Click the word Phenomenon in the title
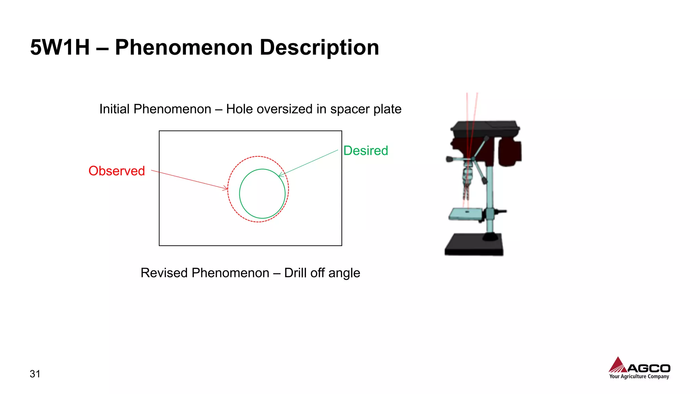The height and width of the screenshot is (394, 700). pyautogui.click(x=184, y=48)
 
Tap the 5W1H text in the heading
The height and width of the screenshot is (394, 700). pyautogui.click(x=60, y=48)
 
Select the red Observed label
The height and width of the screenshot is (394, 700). pyautogui.click(x=117, y=171)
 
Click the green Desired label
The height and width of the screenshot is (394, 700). pyautogui.click(x=365, y=150)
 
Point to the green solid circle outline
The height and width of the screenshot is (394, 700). pyautogui.click(x=240, y=194)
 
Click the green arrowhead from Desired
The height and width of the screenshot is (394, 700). pyautogui.click(x=281, y=175)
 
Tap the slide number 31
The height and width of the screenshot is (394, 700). pyautogui.click(x=35, y=374)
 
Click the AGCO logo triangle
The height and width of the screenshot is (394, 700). pyautogui.click(x=618, y=365)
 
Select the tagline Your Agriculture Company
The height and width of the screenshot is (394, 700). pyautogui.click(x=639, y=377)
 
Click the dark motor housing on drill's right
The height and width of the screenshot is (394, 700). pyautogui.click(x=510, y=152)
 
